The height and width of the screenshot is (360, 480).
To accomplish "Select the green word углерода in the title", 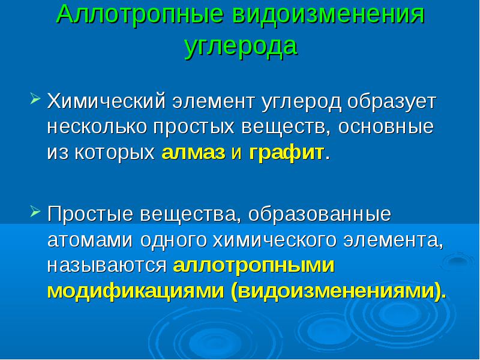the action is click(x=241, y=47).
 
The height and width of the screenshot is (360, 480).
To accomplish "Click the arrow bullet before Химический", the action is click(x=35, y=98).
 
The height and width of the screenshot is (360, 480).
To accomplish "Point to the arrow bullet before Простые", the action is click(x=35, y=211).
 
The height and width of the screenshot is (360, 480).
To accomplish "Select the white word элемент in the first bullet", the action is click(x=214, y=101).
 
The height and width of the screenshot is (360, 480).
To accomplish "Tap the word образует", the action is click(x=392, y=101).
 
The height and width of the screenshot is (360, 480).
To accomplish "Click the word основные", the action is click(x=386, y=127).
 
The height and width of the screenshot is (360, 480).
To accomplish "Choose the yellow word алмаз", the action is click(x=193, y=152).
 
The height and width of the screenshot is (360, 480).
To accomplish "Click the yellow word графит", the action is click(x=287, y=152).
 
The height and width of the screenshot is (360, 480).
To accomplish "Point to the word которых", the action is click(x=115, y=152).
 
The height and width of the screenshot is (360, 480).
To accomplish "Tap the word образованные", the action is click(x=320, y=214).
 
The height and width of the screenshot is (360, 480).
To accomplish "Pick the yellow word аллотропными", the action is click(x=253, y=265).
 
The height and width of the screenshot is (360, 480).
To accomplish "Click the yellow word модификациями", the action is click(x=136, y=291).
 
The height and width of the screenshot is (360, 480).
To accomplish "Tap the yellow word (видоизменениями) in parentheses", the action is click(x=336, y=291).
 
